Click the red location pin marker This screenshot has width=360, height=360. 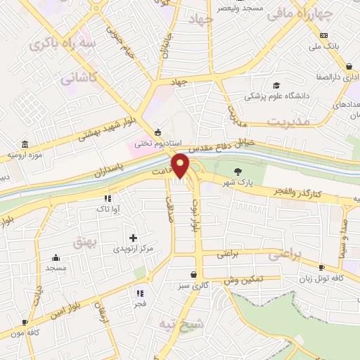coord(181,166)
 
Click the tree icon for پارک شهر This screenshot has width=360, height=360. coord(239,171)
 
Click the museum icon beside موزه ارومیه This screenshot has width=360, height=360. coord(25,143)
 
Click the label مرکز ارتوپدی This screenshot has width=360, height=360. coord(132,249)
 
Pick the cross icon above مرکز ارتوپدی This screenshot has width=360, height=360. coord(133,238)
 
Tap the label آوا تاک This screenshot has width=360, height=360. coord(108,209)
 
